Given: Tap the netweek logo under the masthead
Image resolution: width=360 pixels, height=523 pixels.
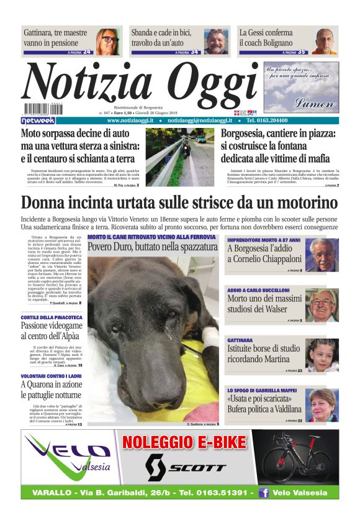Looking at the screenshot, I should pyautogui.click(x=38, y=121).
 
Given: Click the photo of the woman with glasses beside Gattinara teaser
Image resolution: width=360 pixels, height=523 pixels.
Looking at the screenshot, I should pyautogui.click(x=108, y=41).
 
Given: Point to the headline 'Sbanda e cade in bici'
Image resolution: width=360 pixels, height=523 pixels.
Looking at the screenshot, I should pyautogui.click(x=166, y=38).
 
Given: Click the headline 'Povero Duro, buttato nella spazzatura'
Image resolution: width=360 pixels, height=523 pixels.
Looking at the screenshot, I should pyautogui.click(x=153, y=246).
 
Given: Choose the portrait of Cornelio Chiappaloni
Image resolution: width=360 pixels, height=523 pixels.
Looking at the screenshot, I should pyautogui.click(x=322, y=255).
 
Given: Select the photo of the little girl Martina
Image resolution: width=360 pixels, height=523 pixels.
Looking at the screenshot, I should pyautogui.click(x=322, y=355).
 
